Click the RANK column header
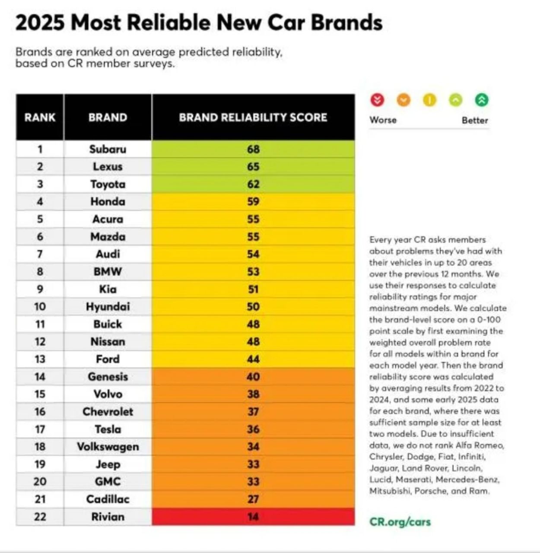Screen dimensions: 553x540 (x=40, y=118)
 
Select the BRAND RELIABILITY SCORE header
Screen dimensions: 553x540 (x=253, y=118)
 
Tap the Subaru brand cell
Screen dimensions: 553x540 (x=108, y=149)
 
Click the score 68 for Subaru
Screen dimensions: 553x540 (x=253, y=149)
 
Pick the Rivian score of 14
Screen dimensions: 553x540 (x=253, y=517)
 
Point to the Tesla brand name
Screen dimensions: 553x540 (x=108, y=429)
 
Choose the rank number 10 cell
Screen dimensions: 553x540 (x=40, y=307)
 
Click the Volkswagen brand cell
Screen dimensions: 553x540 (x=108, y=447)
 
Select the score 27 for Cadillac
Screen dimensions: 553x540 (x=253, y=499)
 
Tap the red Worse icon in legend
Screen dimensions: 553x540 (x=377, y=100)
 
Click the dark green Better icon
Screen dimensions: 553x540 (x=482, y=100)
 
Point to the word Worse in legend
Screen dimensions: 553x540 (x=383, y=120)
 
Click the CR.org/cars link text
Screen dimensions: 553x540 (x=400, y=521)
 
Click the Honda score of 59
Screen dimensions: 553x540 (x=253, y=202)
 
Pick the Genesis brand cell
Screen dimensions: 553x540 (x=108, y=377)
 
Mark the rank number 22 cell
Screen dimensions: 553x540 (x=40, y=517)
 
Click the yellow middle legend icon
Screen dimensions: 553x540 (x=429, y=100)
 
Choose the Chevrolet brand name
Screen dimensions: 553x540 (x=108, y=412)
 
